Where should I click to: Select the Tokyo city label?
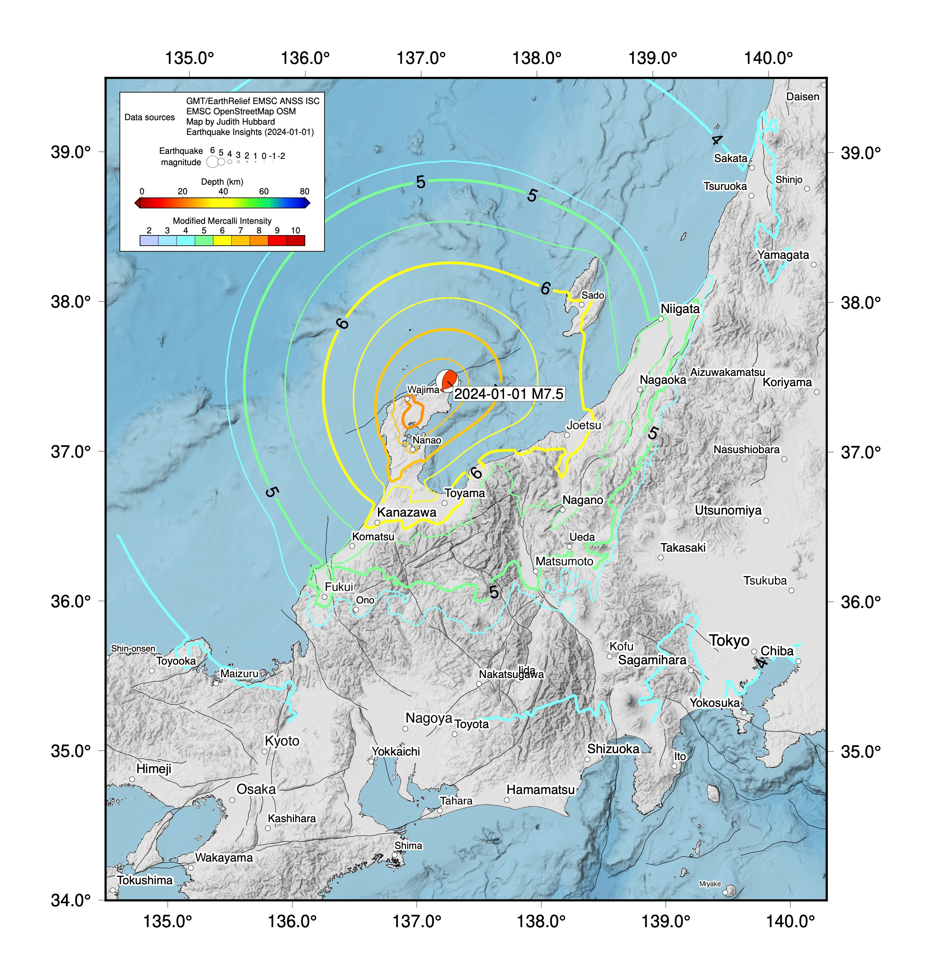(729, 641)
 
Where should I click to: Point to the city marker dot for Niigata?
(661, 319)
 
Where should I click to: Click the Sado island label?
(593, 295)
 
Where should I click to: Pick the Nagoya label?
(429, 718)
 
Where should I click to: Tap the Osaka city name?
(256, 789)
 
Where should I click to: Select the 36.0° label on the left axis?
(70, 601)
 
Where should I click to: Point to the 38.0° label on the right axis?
(861, 302)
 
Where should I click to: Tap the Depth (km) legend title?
(222, 182)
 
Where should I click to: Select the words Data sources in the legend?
(149, 117)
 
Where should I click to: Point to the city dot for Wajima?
(407, 398)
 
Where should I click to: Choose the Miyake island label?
(709, 884)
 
